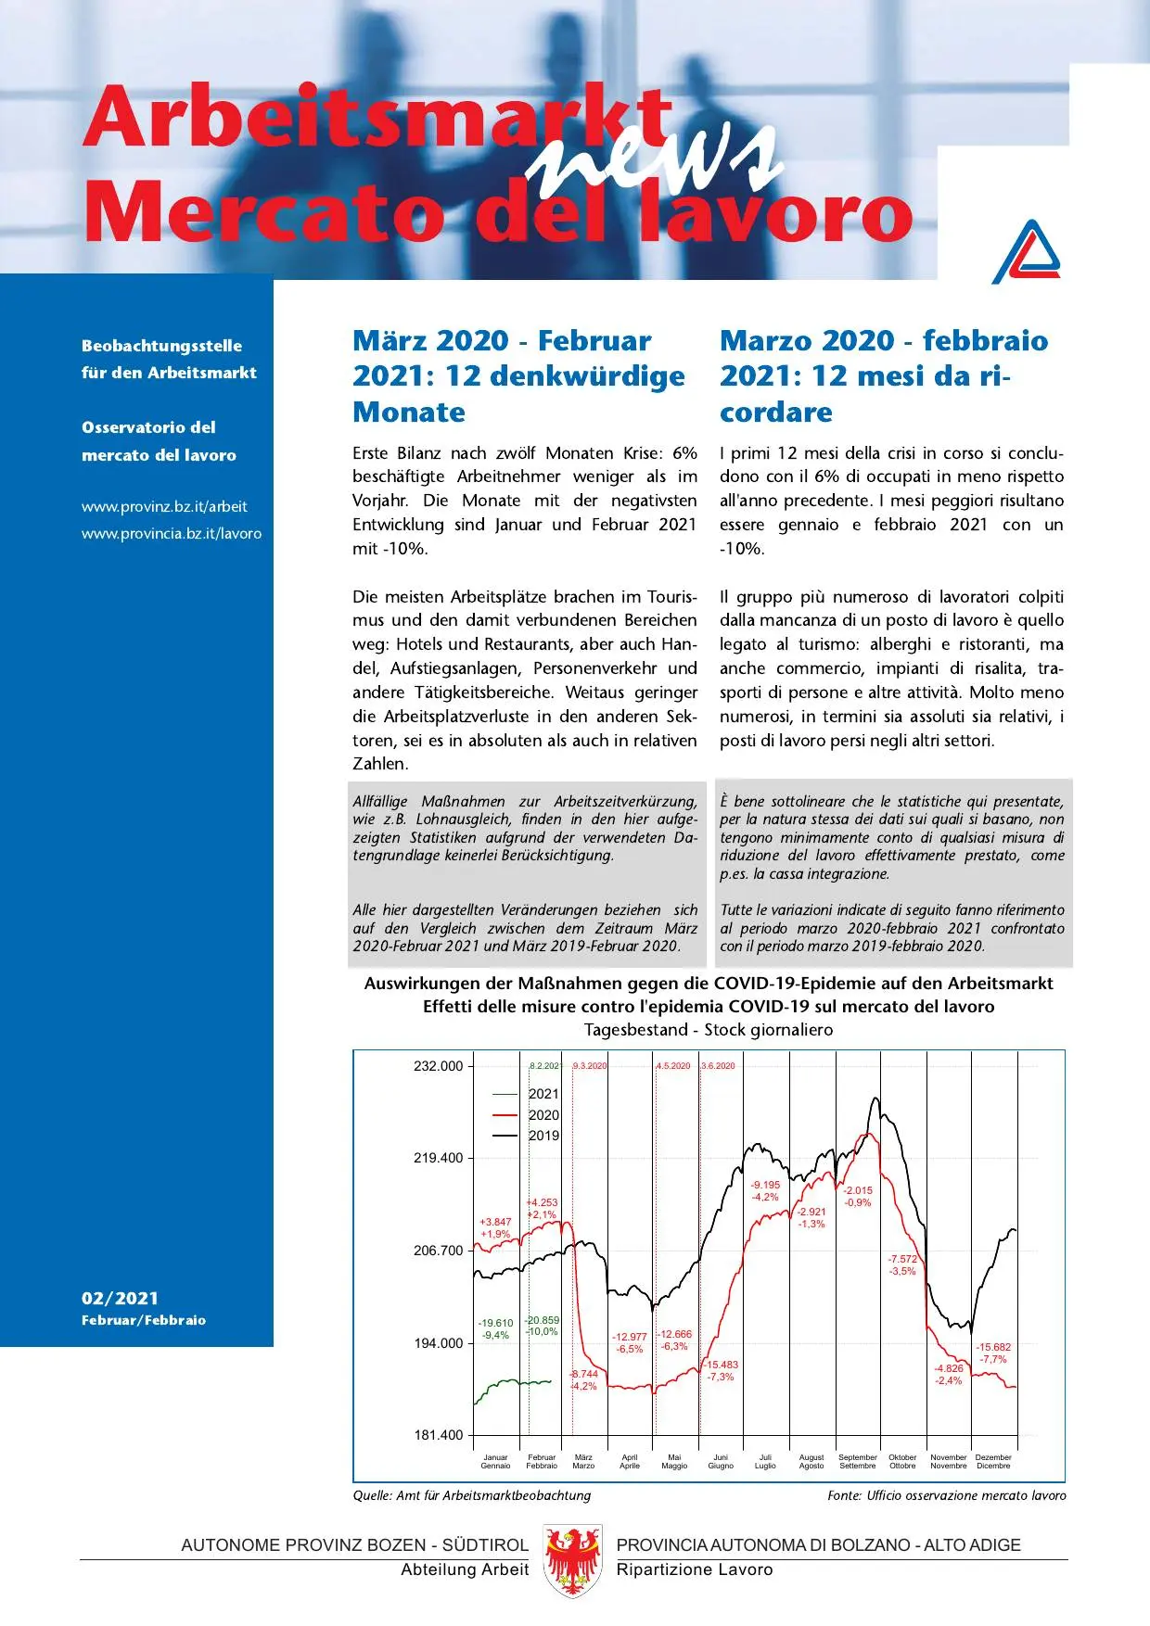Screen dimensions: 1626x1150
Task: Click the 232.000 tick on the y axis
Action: pyautogui.click(x=438, y=1066)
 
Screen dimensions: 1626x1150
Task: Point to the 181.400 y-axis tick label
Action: pyautogui.click(x=438, y=1435)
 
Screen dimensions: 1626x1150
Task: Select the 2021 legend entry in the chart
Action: pyautogui.click(x=543, y=1094)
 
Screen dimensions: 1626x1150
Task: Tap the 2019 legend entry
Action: pyautogui.click(x=543, y=1136)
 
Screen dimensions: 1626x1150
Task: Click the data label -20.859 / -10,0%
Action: pyautogui.click(x=542, y=1326)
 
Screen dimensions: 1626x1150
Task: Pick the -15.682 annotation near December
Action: pyautogui.click(x=993, y=1353)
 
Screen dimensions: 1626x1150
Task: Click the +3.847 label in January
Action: pyautogui.click(x=495, y=1227)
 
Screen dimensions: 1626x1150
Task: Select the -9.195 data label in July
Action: pyautogui.click(x=765, y=1190)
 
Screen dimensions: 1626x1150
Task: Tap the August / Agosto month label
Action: pyautogui.click(x=811, y=1461)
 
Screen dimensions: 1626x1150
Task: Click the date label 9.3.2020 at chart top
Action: pyautogui.click(x=590, y=1066)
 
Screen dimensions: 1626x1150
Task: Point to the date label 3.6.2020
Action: pyautogui.click(x=718, y=1066)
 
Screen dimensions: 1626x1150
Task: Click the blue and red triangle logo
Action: pyautogui.click(x=1026, y=252)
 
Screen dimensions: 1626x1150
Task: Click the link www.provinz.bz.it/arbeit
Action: pyautogui.click(x=164, y=506)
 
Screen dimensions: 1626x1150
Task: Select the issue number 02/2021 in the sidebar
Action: pyautogui.click(x=120, y=1298)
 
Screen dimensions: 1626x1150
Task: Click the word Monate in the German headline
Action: pyautogui.click(x=409, y=412)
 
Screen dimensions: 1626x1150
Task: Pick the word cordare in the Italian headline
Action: pyautogui.click(x=776, y=412)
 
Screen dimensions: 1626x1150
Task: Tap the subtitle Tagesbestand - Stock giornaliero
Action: pyautogui.click(x=709, y=1030)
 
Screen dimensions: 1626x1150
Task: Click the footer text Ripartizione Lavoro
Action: pyautogui.click(x=694, y=1569)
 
